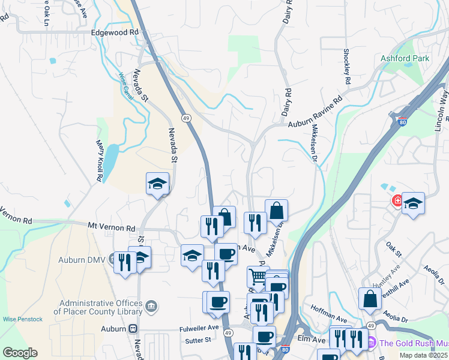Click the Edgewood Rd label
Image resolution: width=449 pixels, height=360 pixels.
click(115, 33)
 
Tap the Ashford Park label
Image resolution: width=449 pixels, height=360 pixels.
click(405, 59)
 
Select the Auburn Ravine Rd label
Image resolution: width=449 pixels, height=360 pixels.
click(315, 111)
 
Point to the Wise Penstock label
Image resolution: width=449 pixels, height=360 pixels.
click(22, 319)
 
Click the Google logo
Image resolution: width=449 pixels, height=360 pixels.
click(20, 353)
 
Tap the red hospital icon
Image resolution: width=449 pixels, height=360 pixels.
click(397, 200)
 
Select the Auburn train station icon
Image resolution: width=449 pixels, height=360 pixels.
click(132, 329)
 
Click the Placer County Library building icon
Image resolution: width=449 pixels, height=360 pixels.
click(151, 307)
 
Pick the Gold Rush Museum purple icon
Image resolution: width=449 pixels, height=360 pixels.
click(371, 343)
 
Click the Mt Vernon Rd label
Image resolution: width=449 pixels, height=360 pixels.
click(111, 228)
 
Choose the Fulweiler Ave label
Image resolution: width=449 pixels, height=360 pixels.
click(199, 328)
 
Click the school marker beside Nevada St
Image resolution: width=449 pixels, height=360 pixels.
click(157, 184)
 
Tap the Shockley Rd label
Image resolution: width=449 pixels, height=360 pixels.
click(347, 66)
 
